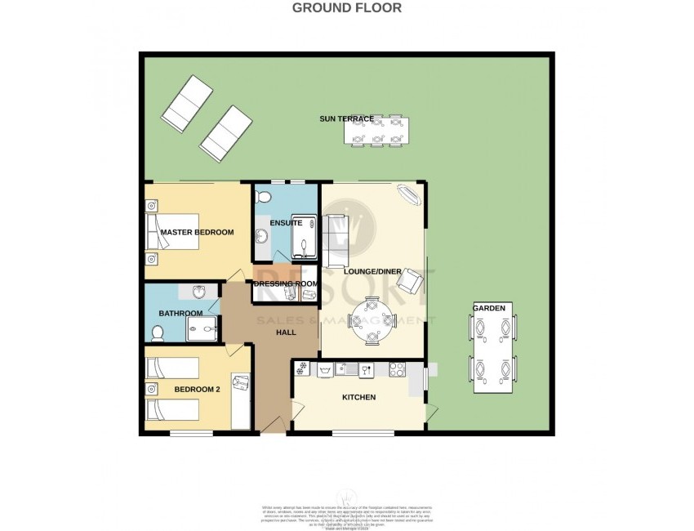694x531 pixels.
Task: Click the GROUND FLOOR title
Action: coord(347,8)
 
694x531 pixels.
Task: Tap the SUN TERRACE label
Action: coord(346,119)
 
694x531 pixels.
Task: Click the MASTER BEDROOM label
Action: coord(197,233)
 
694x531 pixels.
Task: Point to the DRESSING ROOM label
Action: coord(285,284)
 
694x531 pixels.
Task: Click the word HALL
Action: coord(286,332)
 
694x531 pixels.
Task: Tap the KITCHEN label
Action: coord(358,398)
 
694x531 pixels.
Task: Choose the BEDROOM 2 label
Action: coord(197,390)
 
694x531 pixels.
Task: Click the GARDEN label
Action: coord(492,308)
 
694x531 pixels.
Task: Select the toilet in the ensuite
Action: coord(264,197)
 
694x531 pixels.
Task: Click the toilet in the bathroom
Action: coord(157,332)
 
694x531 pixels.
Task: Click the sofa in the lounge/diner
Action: coord(333,239)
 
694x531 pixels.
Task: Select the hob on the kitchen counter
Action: coord(398,368)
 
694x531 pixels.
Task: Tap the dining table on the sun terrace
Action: coord(376,131)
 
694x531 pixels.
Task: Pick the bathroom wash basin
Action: coord(198,292)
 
